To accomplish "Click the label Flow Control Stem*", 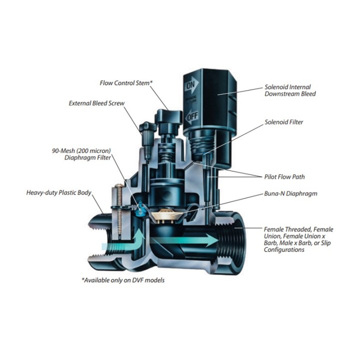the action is click(126, 83).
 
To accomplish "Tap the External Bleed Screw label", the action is click(96, 103).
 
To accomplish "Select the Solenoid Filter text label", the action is click(284, 122).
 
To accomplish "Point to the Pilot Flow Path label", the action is click(284, 177).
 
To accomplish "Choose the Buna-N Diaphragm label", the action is click(290, 193).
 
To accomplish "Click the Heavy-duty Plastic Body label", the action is click(59, 192).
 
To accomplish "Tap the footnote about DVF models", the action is click(123, 280).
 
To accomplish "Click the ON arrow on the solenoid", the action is click(191, 85).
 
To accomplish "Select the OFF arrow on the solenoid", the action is click(191, 116).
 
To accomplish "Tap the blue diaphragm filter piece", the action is click(139, 210).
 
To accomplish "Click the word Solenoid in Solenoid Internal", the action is click(275, 87).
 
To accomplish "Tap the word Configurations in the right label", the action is click(284, 249).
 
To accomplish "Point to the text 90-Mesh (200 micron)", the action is click(81, 151).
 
